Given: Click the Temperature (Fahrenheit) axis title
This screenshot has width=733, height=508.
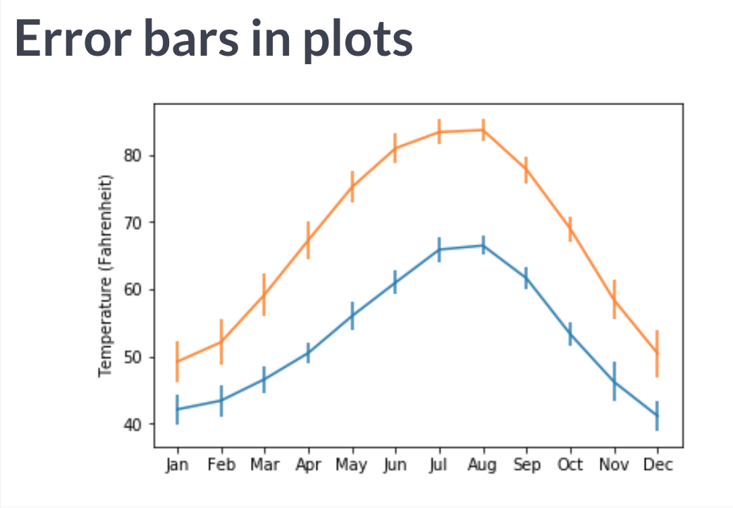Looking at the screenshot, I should [x=106, y=275].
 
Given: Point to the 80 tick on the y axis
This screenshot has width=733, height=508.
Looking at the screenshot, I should [x=134, y=155].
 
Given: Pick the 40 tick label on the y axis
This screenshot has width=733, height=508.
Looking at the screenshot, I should [x=134, y=424].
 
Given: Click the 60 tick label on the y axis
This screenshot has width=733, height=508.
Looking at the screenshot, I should [x=134, y=290].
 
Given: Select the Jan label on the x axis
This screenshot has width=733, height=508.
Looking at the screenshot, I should [x=178, y=465].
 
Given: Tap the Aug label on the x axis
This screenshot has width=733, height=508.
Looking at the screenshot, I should [x=483, y=465].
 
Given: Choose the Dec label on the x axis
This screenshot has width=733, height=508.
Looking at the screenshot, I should [x=658, y=465].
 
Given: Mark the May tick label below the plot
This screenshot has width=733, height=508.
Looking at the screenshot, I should [x=352, y=465].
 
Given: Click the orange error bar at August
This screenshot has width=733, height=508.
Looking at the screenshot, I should [x=483, y=130].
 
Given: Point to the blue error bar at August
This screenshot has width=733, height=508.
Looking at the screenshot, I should [x=483, y=245].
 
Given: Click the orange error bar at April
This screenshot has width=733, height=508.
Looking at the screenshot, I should [x=308, y=240].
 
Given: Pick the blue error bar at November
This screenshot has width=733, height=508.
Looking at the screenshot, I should [x=615, y=382].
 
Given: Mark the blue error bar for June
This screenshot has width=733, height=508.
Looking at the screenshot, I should [x=395, y=282].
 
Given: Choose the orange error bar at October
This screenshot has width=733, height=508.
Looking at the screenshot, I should [x=571, y=229].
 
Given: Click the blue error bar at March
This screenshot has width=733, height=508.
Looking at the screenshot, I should [x=264, y=380].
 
